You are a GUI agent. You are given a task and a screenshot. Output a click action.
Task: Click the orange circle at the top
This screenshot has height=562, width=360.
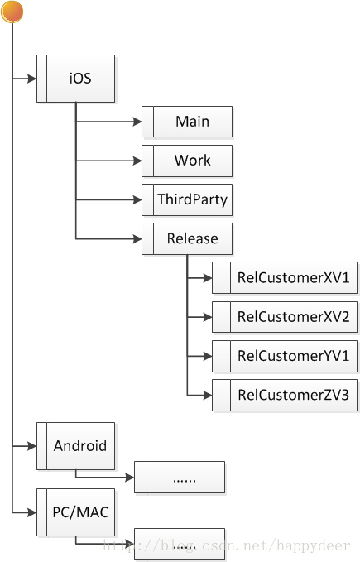pos(12,12)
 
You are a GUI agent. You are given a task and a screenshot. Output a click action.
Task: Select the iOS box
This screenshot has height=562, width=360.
pos(75,79)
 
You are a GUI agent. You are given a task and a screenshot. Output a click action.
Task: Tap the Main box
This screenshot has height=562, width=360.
pos(187,122)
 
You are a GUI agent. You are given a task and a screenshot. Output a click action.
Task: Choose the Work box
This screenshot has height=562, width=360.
pos(187,161)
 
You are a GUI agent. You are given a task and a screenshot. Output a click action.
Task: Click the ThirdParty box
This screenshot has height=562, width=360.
pos(187,199)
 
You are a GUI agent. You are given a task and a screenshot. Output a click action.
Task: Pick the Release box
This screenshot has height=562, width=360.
pos(187,238)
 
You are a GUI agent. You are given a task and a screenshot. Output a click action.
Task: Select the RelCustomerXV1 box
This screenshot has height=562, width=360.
pos(285,278)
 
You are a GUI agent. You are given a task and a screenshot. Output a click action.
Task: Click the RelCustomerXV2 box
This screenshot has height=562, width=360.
pos(285,317)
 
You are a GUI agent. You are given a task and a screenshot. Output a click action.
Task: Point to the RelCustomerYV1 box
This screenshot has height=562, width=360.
pos(285,356)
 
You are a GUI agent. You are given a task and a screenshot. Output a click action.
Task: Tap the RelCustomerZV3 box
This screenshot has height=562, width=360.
pos(285,395)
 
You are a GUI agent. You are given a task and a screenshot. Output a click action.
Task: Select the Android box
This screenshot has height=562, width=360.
pos(75,446)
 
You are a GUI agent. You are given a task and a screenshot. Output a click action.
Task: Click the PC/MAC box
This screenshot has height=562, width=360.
pos(75,512)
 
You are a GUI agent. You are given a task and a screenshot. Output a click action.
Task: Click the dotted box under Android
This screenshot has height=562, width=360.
pos(180,477)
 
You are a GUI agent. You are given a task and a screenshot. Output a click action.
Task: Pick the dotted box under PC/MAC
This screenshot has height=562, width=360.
pos(180,544)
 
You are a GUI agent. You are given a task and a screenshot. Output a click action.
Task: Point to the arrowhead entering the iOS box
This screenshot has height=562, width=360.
pos(31,79)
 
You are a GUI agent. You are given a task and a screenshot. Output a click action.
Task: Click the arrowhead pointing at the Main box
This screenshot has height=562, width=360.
pos(137,122)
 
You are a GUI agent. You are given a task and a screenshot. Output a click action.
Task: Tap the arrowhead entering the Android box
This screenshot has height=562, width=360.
pos(31,446)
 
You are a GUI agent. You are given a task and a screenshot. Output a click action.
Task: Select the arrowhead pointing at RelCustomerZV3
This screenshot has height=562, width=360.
pos(207,396)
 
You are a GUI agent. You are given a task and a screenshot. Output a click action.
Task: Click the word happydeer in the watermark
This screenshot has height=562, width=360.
pos(314,546)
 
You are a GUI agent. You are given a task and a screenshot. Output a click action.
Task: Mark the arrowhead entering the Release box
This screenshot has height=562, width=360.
pos(137,238)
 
